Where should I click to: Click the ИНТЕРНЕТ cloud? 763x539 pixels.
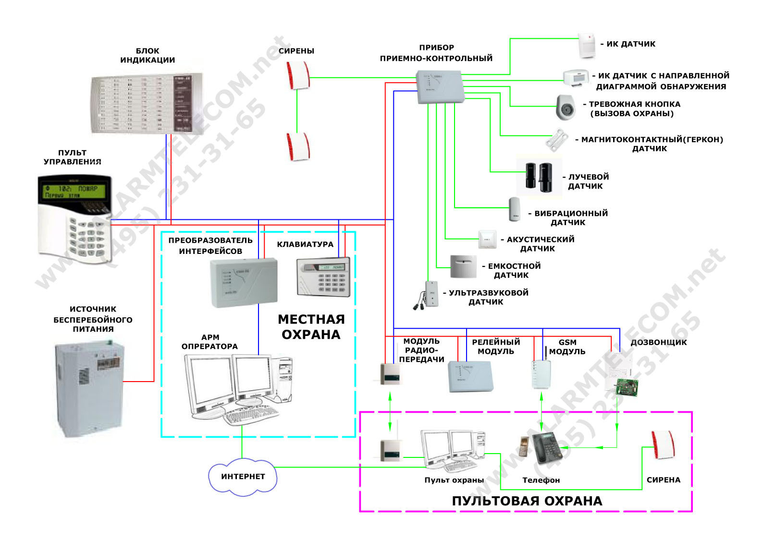pos(243,476)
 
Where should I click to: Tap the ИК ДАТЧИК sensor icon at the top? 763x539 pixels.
pos(587,46)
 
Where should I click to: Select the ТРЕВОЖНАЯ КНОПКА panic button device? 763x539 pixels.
pos(566,108)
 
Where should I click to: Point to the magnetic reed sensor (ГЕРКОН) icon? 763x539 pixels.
pos(557,140)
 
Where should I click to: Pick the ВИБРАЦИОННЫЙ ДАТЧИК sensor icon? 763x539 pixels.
pos(514,209)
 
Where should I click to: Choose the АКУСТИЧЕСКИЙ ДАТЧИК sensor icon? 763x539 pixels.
pos(487,239)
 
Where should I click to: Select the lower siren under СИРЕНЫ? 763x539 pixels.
pos(298,147)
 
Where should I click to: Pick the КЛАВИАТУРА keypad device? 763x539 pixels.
pos(323,277)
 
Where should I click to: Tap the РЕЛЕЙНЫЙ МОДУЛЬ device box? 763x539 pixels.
pos(470,376)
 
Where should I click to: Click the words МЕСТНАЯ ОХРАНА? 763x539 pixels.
pos(311,327)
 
